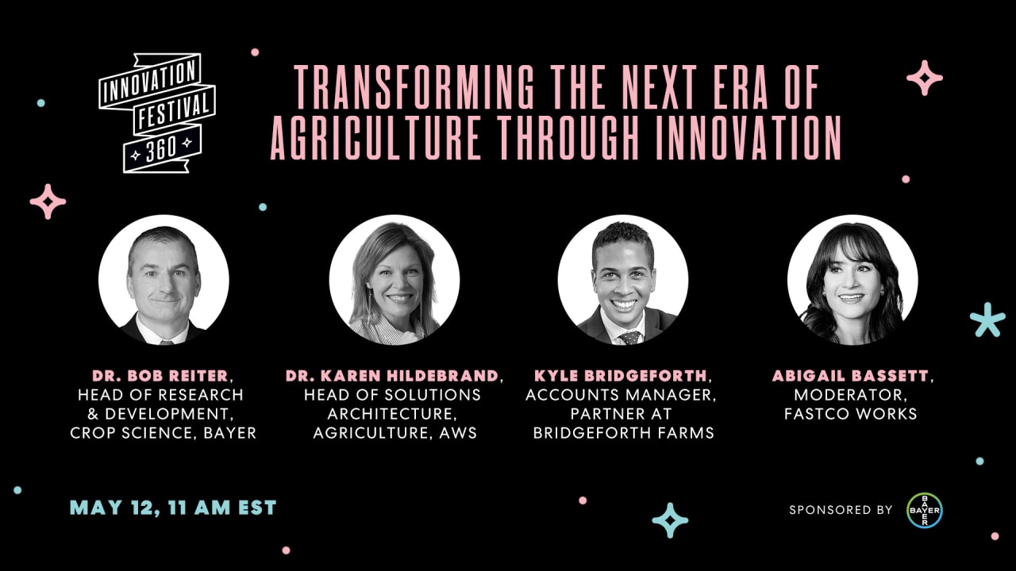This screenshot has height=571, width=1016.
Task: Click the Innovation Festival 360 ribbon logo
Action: pyautogui.click(x=156, y=112)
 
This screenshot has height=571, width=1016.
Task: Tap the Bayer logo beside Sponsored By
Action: pyautogui.click(x=925, y=510)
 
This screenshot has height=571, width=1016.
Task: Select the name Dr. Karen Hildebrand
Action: pyautogui.click(x=392, y=375)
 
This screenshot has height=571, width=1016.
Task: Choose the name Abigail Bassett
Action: pyautogui.click(x=850, y=375)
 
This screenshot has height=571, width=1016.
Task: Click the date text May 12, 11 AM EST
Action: pyautogui.click(x=173, y=508)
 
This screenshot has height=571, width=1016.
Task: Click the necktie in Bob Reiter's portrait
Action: pyautogui.click(x=165, y=339)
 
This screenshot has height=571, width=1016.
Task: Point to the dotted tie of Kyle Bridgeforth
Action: pyautogui.click(x=629, y=337)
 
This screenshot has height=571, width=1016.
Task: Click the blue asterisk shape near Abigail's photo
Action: pyautogui.click(x=987, y=320)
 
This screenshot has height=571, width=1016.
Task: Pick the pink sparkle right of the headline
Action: pyautogui.click(x=925, y=78)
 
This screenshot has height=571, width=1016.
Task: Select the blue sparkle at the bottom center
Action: pyautogui.click(x=670, y=520)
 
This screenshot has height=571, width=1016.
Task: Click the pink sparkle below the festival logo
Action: pyautogui.click(x=48, y=201)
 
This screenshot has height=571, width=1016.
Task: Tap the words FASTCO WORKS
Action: pyautogui.click(x=850, y=414)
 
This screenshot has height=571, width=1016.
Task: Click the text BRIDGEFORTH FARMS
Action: pyautogui.click(x=623, y=433)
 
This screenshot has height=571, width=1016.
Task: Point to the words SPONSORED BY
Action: pyautogui.click(x=841, y=510)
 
